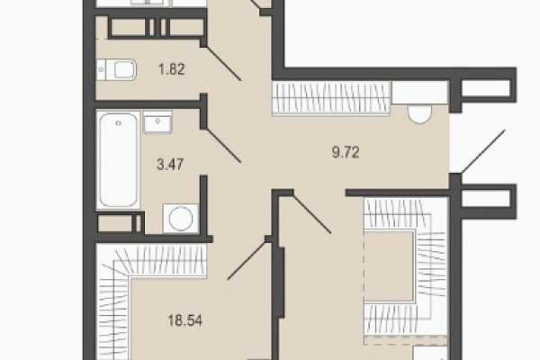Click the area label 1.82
[172, 69]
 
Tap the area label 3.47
[170, 165]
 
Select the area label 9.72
[346, 152]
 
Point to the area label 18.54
[184, 320]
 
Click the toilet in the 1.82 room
[116, 69]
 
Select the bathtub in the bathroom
[118, 160]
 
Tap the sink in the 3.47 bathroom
[157, 122]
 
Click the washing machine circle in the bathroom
[181, 218]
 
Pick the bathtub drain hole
[118, 123]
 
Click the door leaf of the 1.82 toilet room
[223, 63]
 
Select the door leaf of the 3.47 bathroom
[223, 146]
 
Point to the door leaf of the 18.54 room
[247, 260]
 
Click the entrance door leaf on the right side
[483, 151]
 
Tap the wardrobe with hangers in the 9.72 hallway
[331, 98]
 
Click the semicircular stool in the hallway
[419, 114]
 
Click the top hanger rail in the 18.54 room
[161, 261]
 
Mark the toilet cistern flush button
[101, 69]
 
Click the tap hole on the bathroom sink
[157, 121]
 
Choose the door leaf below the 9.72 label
[312, 214]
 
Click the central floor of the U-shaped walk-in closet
[389, 266]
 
